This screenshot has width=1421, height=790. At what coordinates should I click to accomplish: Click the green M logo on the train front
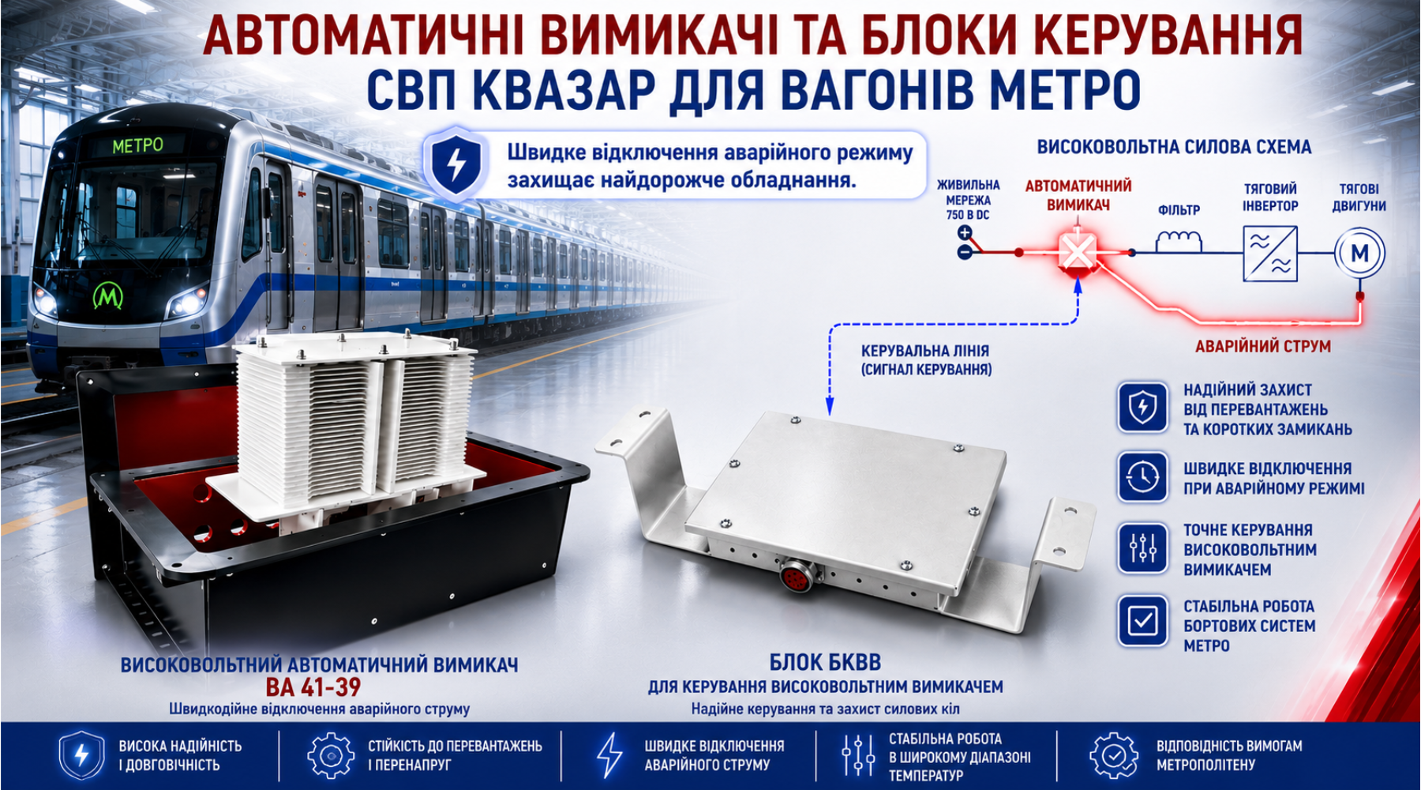108,295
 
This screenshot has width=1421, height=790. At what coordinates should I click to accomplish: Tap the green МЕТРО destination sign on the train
137,146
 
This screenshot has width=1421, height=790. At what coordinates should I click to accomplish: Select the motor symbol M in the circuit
1359,254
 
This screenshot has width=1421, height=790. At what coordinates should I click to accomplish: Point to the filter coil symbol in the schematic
1179,241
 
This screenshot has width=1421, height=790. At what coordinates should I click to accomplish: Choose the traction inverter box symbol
1270,254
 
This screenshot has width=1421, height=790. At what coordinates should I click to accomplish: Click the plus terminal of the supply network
965,233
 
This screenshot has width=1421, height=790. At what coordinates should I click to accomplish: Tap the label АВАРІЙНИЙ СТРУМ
1263,346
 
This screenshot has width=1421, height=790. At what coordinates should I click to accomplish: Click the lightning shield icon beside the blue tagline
456,164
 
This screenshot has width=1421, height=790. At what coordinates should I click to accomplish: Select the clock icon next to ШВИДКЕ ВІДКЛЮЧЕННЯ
1142,477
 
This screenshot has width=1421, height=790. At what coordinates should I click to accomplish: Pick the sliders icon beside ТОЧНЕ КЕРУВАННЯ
1142,548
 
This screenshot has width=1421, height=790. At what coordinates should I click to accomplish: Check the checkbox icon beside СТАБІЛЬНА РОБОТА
1142,621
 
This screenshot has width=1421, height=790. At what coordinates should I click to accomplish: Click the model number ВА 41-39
313,687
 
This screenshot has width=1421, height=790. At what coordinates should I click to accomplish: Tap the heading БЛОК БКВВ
825,662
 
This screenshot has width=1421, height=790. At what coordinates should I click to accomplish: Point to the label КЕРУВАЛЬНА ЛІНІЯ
925,351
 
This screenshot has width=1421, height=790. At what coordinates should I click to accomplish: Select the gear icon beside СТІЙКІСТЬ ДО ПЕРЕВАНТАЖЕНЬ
331,755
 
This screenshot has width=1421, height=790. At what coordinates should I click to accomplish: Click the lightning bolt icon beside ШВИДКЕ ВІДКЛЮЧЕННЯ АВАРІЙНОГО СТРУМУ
609,755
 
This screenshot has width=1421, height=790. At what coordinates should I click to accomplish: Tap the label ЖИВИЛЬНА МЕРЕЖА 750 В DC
968,200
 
